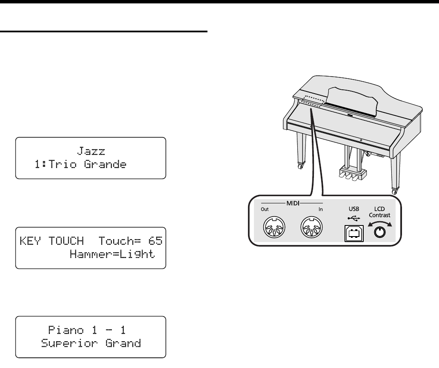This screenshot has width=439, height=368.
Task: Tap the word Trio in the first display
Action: click(x=59, y=164)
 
